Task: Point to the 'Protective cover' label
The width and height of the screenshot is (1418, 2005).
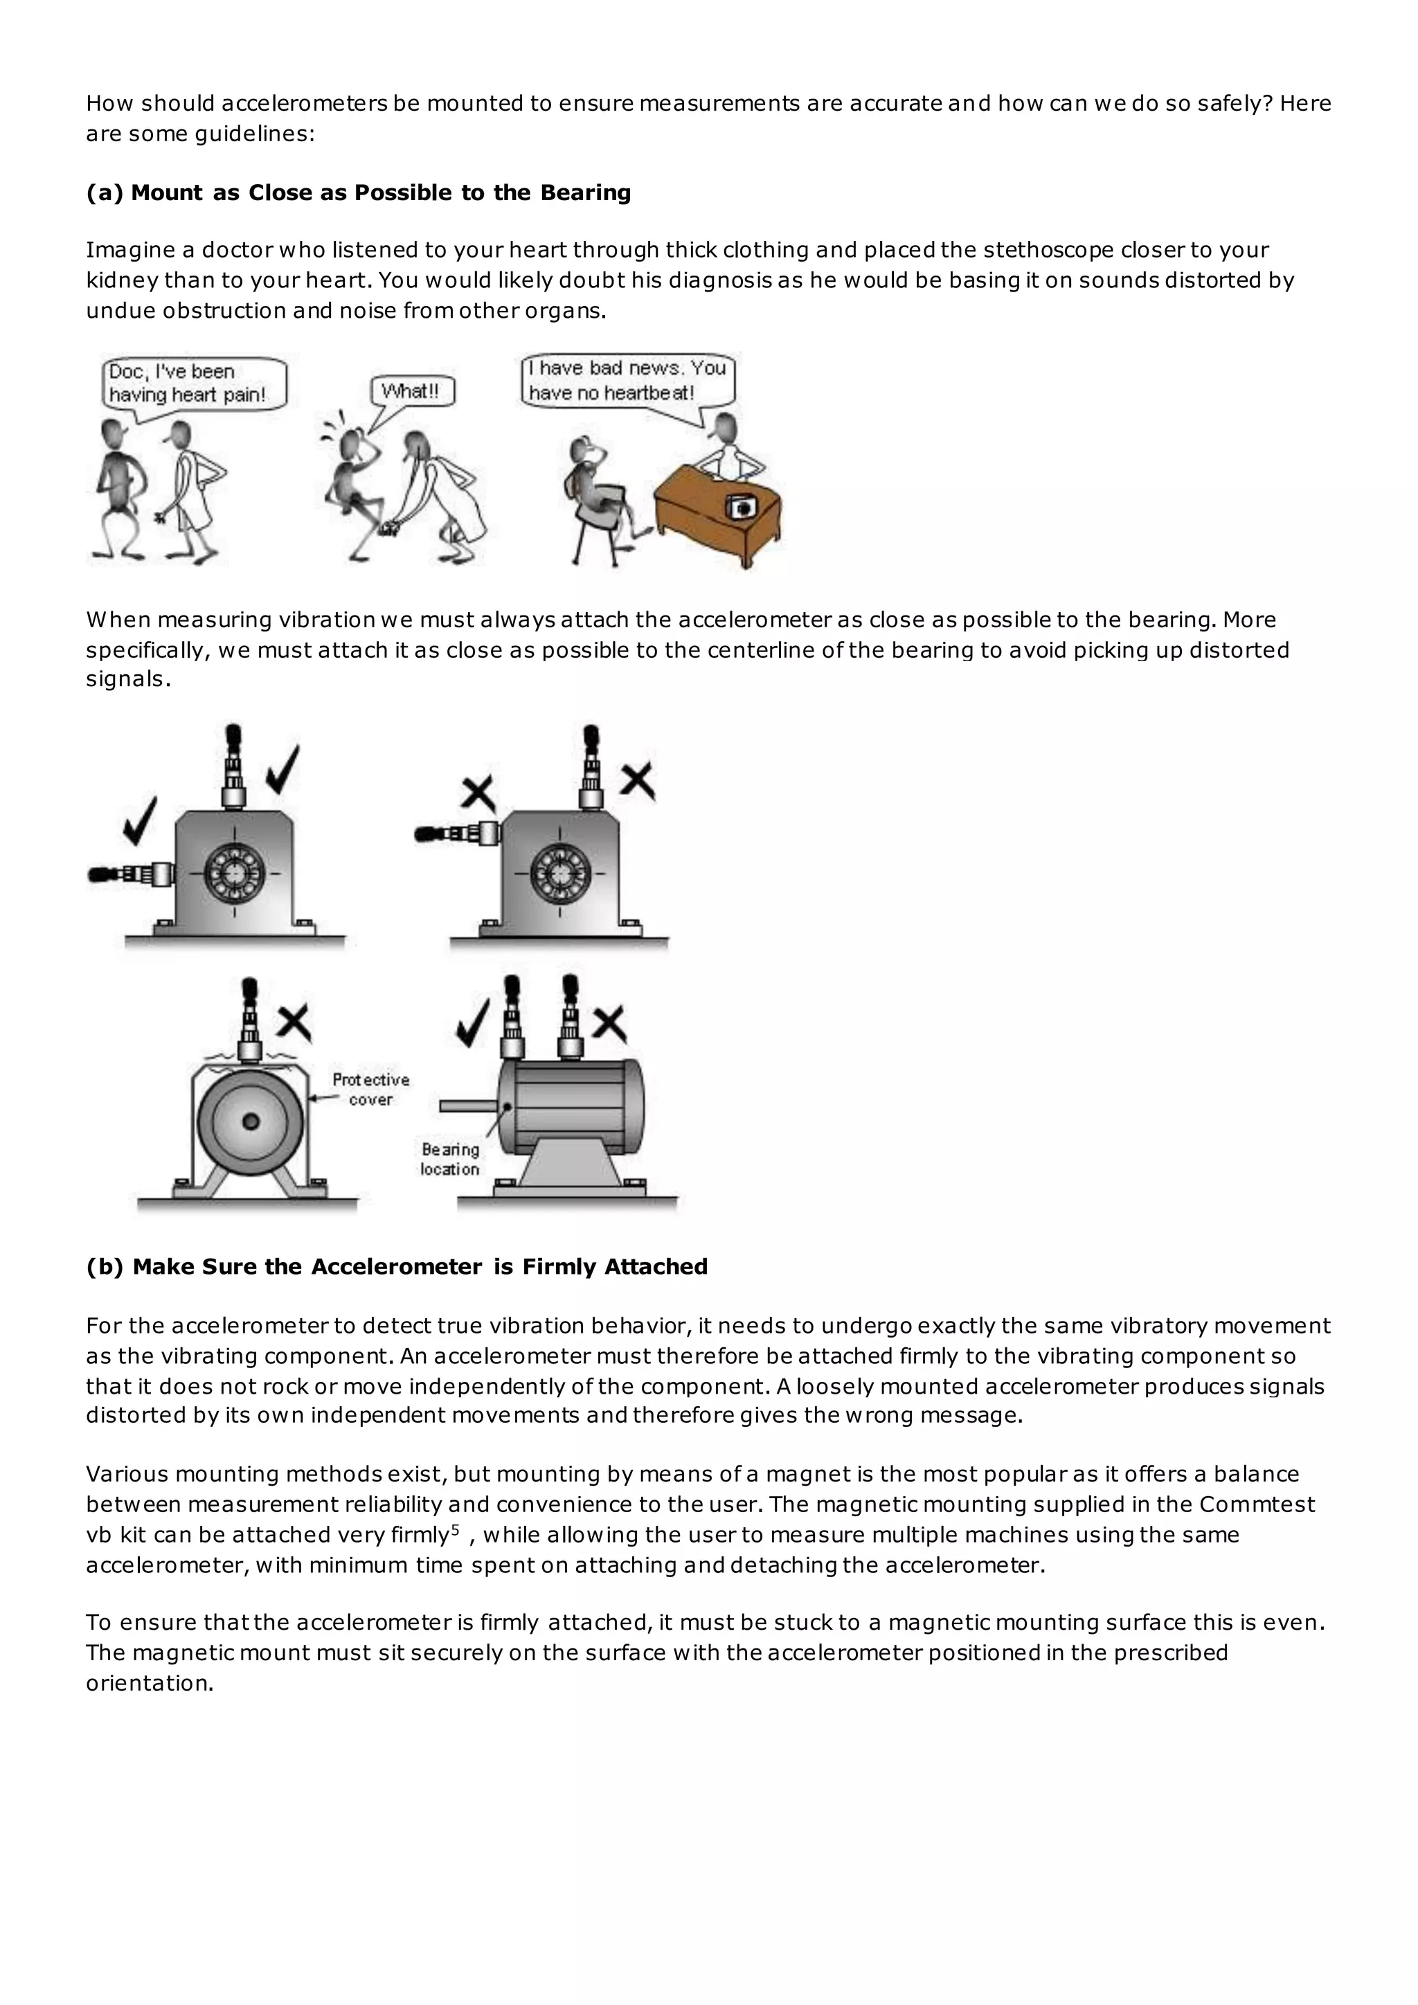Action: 370,1089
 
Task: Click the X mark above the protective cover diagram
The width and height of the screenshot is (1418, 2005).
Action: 294,1023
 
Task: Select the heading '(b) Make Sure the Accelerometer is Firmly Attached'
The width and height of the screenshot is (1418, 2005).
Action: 397,1267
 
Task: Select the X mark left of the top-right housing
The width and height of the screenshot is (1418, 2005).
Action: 478,793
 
